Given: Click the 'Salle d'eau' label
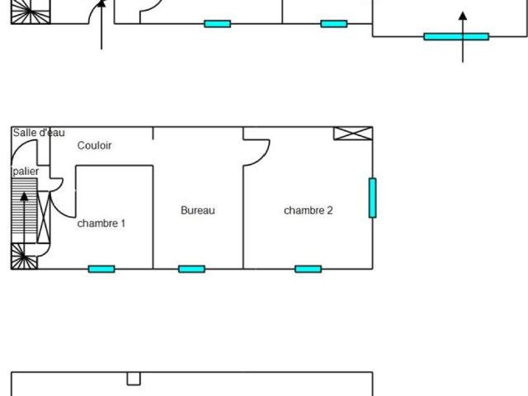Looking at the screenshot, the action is [39, 133].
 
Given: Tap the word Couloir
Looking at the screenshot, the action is [94, 145].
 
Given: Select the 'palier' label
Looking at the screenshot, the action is [26, 172].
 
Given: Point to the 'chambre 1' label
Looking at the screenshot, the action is [101, 224].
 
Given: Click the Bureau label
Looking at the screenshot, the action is [198, 210].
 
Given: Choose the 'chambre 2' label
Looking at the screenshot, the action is [308, 210].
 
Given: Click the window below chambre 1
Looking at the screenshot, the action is [101, 269].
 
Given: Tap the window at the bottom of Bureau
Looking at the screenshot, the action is [191, 269].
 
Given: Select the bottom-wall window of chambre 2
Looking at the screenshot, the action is [308, 269].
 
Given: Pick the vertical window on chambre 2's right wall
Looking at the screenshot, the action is [372, 198].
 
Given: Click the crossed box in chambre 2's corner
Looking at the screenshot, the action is [353, 134].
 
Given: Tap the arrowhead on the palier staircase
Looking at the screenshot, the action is [24, 196].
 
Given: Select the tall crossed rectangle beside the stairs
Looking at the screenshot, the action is [44, 217].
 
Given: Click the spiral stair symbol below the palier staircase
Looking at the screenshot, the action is [24, 257].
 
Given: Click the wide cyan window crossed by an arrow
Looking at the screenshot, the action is [456, 36].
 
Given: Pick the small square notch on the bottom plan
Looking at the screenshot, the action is [134, 379].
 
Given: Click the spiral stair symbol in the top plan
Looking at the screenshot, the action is [31, 12].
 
